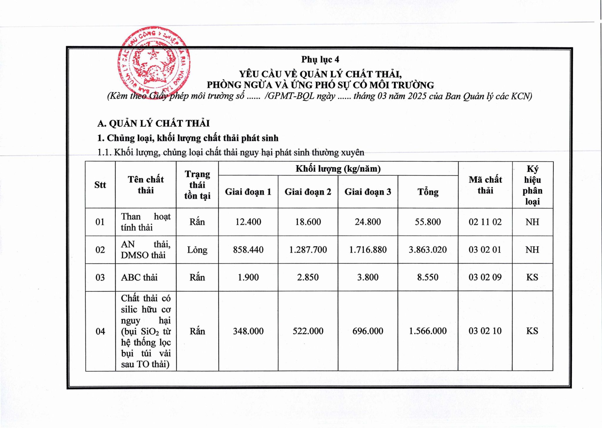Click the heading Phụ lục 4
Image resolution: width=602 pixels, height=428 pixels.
(x=320, y=59)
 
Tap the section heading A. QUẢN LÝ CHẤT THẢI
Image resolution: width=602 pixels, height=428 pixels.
(x=153, y=123)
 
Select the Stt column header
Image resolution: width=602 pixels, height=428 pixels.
(x=100, y=185)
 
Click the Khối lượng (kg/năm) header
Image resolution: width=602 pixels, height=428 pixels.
(x=338, y=169)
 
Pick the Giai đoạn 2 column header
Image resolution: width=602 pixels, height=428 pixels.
(x=308, y=192)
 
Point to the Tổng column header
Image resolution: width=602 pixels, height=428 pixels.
(x=428, y=192)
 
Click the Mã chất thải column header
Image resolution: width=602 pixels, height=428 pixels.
(x=485, y=185)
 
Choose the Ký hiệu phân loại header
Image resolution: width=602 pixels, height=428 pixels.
(x=532, y=185)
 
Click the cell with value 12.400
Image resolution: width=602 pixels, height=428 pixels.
(x=248, y=222)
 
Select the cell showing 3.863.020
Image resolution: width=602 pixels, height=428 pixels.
(x=428, y=250)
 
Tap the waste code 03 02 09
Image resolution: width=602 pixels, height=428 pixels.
(x=485, y=277)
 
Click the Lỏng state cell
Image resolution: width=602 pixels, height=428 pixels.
(x=197, y=250)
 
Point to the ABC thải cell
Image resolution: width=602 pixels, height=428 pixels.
(x=139, y=277)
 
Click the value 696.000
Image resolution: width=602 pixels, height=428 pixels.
(x=368, y=331)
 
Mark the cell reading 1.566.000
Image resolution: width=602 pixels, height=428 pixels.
(x=428, y=331)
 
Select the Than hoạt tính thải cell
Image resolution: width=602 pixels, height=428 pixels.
(x=146, y=222)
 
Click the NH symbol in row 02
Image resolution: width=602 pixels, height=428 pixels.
(x=532, y=250)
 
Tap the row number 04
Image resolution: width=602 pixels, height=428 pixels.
(x=100, y=331)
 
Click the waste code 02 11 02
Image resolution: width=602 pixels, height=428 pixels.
(x=485, y=222)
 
